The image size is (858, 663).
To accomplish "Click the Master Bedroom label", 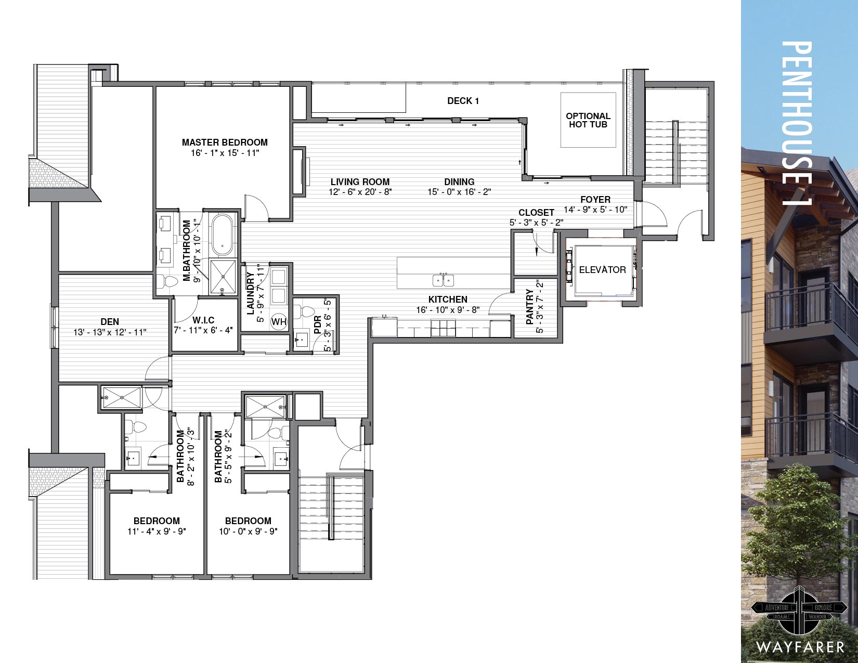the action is pos(225,142).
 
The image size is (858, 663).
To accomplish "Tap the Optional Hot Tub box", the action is pos(588,120).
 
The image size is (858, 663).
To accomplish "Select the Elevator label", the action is pos(603,270).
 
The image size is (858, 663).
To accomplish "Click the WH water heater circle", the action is pos(279,322).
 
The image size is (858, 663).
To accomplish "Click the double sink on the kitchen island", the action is pos(443,280).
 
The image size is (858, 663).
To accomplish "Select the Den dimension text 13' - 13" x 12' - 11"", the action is pos(110,332).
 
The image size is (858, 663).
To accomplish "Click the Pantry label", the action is pos(530,306).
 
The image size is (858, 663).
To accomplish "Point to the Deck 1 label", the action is pos(463,101).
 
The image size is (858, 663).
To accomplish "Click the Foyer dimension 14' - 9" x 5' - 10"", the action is pos(595,210).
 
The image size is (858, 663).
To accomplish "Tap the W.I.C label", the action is pos(203,320).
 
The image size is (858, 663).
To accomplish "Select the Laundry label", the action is pos(250,293).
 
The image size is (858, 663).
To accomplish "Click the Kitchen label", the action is pos(448,300).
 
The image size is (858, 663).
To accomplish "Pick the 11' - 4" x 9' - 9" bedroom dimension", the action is pos(157,531).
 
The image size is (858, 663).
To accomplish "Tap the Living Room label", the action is pos(360,181).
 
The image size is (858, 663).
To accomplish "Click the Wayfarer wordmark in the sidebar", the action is pos(800,647).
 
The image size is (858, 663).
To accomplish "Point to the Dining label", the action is pos(459,181).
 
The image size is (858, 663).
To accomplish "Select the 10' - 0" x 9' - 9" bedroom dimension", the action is pos(249,531).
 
